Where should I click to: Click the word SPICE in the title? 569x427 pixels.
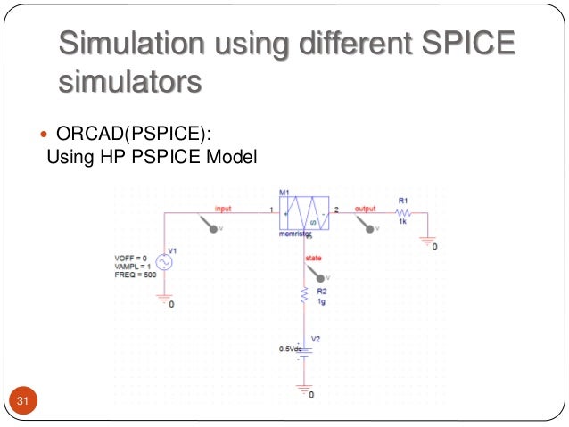(465, 43)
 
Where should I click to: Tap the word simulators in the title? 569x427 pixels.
(129, 82)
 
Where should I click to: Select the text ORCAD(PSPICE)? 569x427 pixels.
(135, 135)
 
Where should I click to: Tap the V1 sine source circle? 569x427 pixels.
(164, 263)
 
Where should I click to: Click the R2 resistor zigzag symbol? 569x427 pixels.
(305, 294)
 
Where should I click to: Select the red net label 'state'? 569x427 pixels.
(313, 259)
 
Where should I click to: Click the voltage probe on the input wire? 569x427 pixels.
(213, 226)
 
